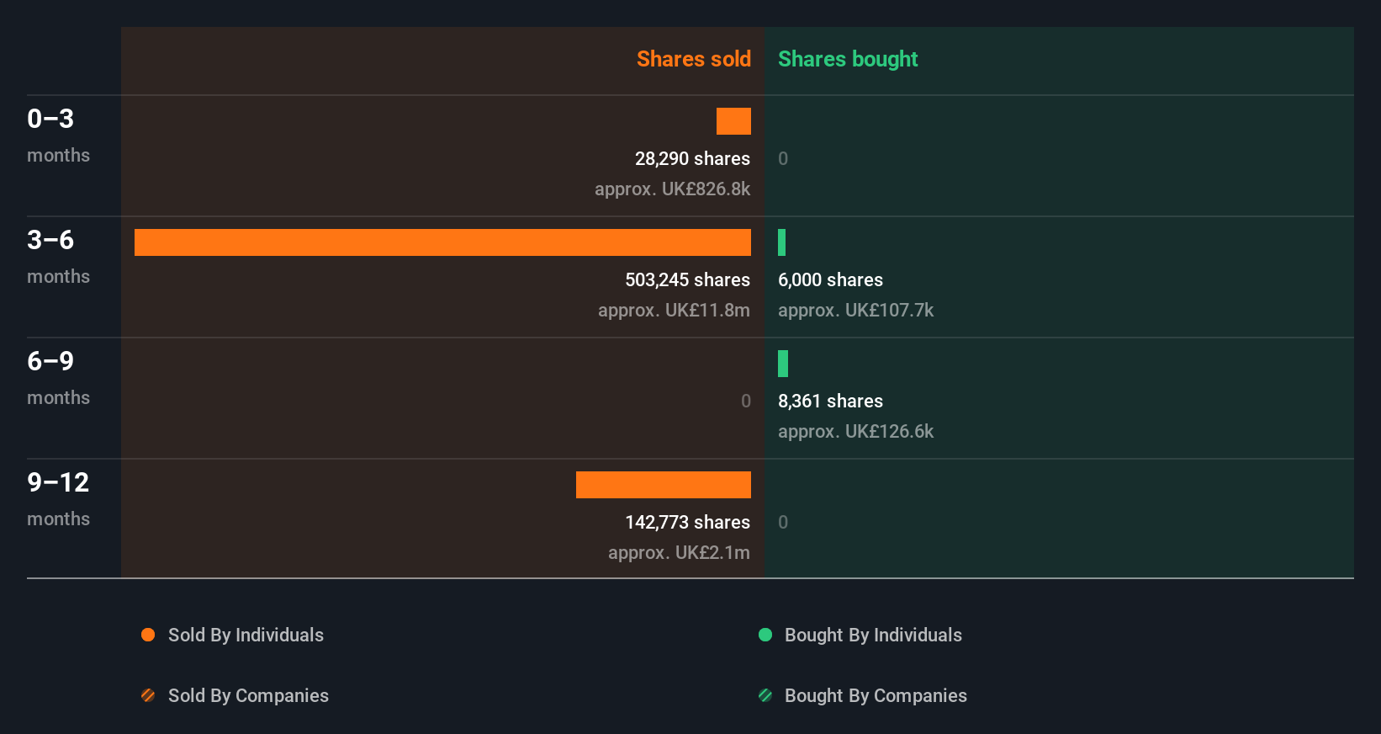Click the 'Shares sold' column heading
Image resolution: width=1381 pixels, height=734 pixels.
point(693,59)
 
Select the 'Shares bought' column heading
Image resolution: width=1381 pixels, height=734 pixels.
point(847,59)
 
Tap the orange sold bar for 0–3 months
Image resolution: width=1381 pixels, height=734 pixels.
point(733,121)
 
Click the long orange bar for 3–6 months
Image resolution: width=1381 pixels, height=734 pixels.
point(442,242)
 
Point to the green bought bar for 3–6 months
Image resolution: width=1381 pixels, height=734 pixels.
point(782,242)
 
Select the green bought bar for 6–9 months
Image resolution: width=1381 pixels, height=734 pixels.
point(783,364)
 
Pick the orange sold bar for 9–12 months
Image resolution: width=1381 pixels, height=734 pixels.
point(664,485)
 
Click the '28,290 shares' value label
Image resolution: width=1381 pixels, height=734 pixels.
point(692,158)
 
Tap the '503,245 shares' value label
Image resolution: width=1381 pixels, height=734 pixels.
point(687,279)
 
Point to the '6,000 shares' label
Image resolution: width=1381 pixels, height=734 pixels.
point(830,279)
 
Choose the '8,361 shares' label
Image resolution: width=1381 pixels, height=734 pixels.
point(830,401)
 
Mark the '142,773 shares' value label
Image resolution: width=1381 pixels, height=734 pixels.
point(687,522)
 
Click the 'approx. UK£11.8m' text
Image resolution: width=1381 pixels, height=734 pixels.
point(674,310)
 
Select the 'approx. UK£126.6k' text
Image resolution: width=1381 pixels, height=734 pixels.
point(855,431)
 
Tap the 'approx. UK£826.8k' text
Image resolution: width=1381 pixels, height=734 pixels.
point(672,189)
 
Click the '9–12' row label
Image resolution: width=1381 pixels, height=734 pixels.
point(58,482)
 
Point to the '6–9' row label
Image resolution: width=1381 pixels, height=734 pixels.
point(50,361)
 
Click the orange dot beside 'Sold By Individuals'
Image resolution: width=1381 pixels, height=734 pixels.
point(148,635)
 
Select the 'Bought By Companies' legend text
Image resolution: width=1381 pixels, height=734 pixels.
point(876,695)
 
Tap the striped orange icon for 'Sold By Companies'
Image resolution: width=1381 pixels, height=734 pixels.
point(148,695)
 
